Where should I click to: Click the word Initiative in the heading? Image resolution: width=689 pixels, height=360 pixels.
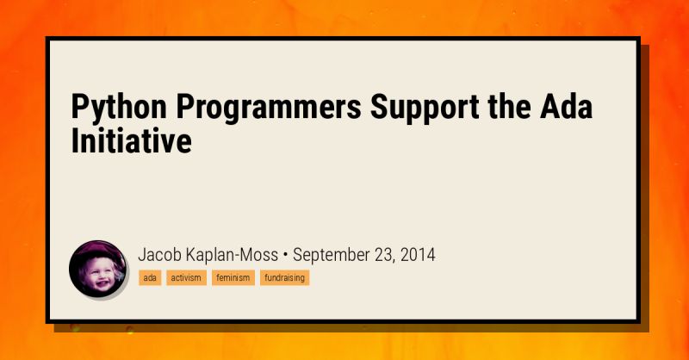(130, 142)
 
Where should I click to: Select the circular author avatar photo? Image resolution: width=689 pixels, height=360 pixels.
(97, 268)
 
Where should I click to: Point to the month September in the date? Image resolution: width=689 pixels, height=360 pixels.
(334, 255)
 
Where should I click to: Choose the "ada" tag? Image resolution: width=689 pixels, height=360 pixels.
(150, 278)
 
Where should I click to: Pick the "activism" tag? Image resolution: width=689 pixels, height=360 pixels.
(186, 278)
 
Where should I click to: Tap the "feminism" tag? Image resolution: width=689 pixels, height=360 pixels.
(233, 278)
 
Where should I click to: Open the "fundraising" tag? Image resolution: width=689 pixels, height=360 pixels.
(284, 278)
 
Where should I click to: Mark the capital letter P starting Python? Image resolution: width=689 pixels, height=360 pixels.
(80, 110)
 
